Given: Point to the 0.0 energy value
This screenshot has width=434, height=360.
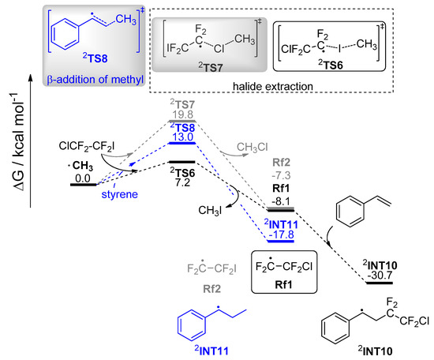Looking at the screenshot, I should point(84,179).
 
